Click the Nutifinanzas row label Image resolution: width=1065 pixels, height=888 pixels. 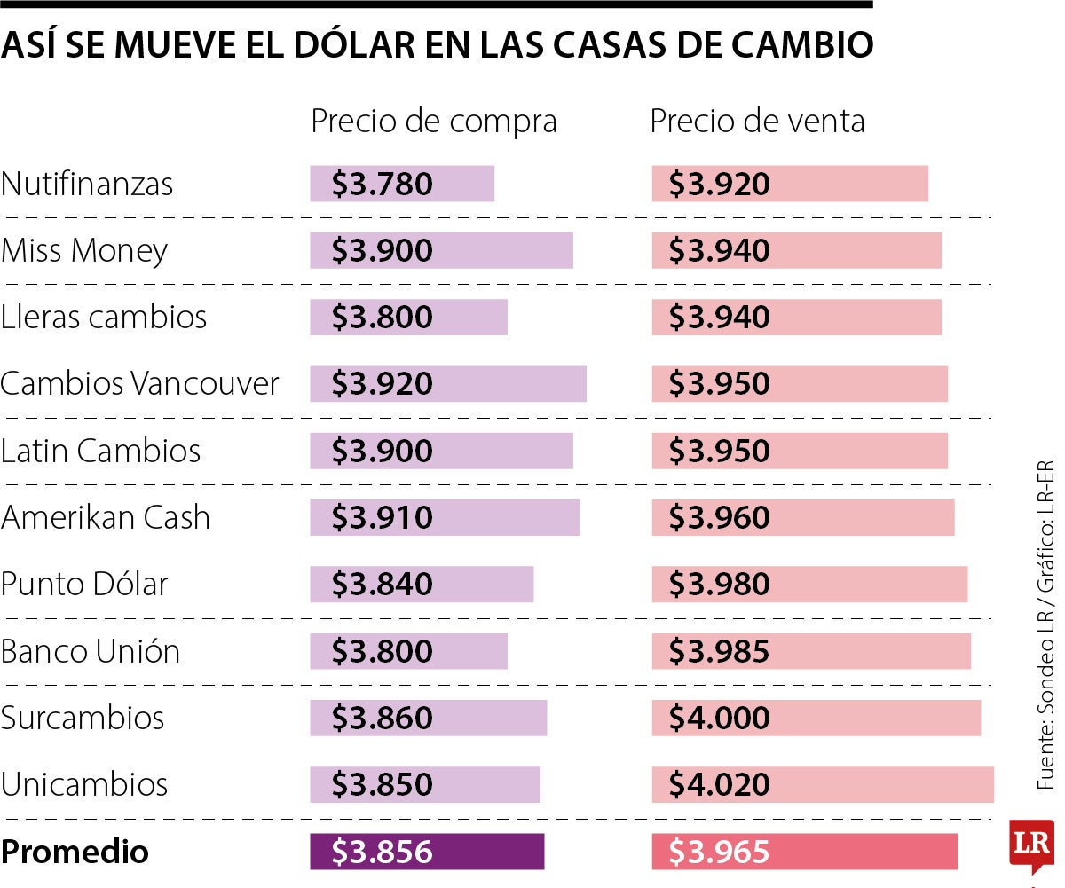click(x=87, y=185)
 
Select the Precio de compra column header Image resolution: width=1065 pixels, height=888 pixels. click(x=433, y=122)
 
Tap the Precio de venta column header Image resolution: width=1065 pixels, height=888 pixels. click(x=757, y=122)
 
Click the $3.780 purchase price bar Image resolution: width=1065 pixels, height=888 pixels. click(x=401, y=185)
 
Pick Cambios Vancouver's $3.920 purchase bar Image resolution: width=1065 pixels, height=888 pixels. click(x=447, y=384)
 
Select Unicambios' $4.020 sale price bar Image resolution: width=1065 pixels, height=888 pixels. click(x=822, y=785)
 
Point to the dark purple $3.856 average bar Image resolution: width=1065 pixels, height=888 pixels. click(x=426, y=853)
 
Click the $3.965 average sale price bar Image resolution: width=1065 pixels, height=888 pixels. click(x=804, y=853)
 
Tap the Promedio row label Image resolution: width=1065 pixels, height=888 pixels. click(x=75, y=853)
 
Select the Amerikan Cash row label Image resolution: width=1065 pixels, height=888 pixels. click(x=105, y=517)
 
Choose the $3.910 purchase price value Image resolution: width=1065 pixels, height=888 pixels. click(x=383, y=518)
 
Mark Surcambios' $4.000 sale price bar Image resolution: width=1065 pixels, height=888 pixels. click(x=816, y=718)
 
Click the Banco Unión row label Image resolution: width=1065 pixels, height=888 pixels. click(x=91, y=651)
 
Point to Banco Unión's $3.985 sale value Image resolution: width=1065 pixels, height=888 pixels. click(x=719, y=652)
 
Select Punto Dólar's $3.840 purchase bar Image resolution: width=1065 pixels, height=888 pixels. click(x=422, y=585)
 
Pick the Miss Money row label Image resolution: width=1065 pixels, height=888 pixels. click(x=84, y=251)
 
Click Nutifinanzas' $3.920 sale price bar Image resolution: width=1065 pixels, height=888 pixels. click(x=789, y=185)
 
